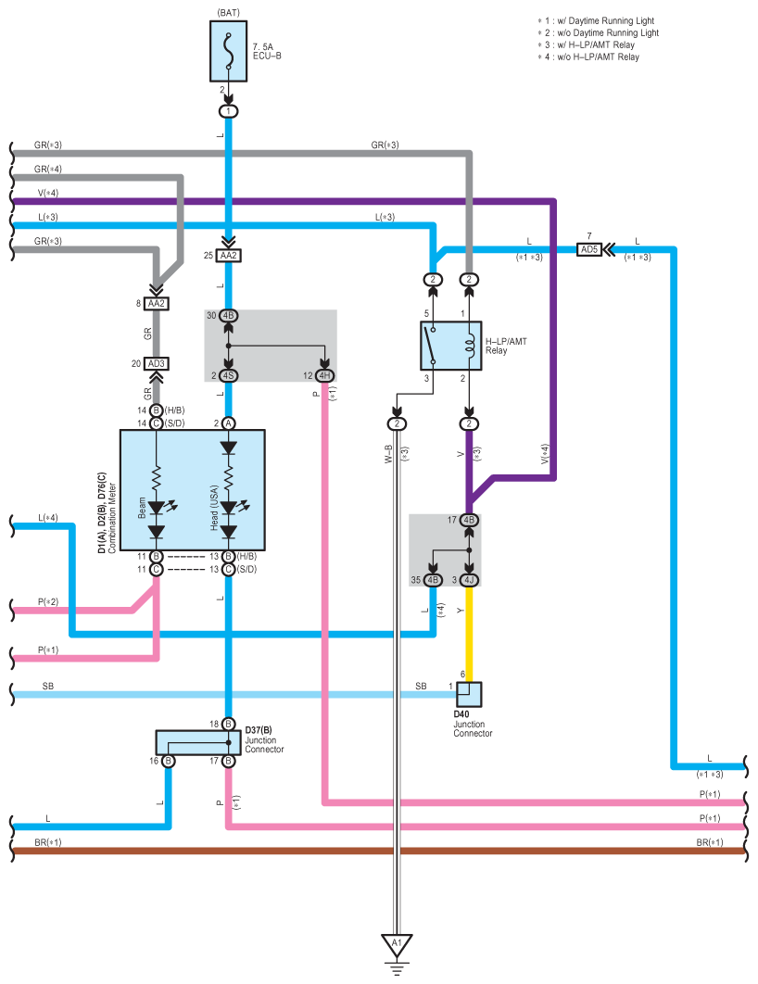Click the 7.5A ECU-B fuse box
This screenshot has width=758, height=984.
[x=228, y=52]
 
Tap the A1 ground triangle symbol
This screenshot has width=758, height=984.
[x=397, y=945]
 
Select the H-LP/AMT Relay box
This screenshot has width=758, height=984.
[x=450, y=346]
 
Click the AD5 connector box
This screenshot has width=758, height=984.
[x=589, y=250]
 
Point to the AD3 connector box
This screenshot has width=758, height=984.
[x=157, y=363]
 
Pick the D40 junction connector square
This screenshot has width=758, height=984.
[x=469, y=695]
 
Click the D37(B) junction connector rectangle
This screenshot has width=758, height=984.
[x=197, y=742]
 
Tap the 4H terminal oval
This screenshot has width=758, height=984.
[x=324, y=376]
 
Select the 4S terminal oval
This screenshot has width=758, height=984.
[x=228, y=376]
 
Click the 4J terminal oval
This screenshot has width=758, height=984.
[x=469, y=580]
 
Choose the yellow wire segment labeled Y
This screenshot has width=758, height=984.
[x=469, y=634]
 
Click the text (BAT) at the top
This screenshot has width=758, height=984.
[x=228, y=13]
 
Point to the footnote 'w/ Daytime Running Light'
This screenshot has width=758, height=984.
[x=605, y=20]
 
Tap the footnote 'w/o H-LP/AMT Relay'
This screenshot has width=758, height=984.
[x=598, y=57]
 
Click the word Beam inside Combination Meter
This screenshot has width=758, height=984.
[x=142, y=507]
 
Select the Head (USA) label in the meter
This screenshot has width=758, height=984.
[x=214, y=507]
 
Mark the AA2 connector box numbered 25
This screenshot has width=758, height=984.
[x=228, y=256]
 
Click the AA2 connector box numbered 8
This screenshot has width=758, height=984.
[x=157, y=304]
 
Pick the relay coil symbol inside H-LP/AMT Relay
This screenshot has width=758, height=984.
[x=468, y=346]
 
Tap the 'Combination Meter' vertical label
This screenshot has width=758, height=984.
[x=112, y=518]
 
